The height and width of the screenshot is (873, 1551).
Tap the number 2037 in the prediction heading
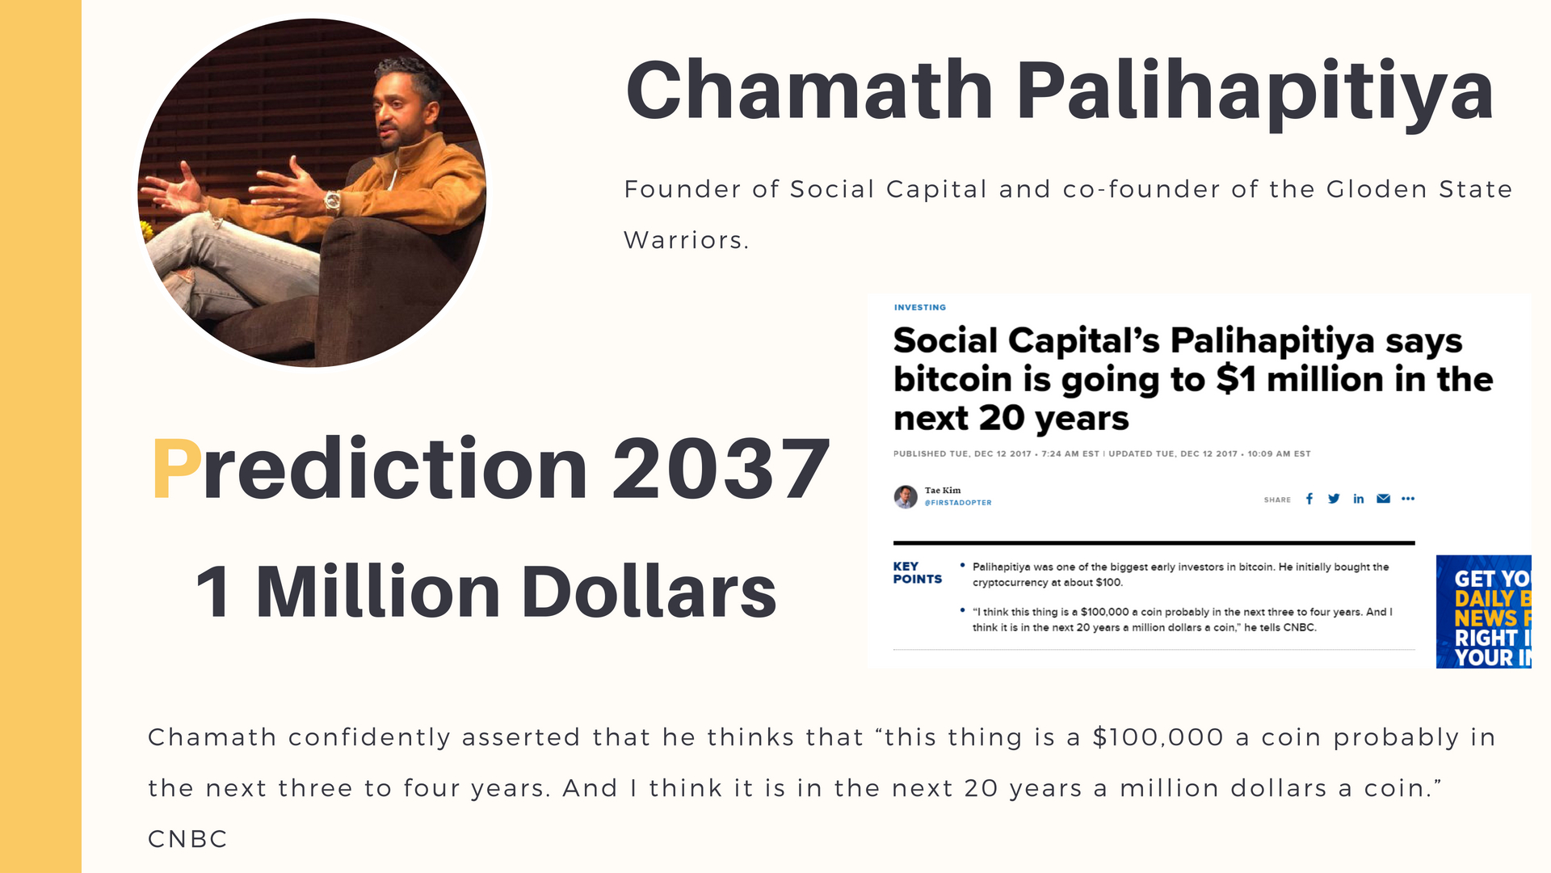coord(721,468)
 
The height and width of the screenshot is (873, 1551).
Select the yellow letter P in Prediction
coord(177,468)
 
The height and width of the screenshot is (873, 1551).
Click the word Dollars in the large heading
coord(649,592)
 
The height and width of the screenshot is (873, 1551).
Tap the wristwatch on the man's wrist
coord(332,200)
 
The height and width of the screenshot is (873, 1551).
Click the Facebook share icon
coord(1309,499)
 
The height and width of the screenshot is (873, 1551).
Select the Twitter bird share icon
coord(1334,499)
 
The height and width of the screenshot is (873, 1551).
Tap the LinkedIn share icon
coord(1359,499)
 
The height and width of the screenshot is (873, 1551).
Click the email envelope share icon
coord(1384,499)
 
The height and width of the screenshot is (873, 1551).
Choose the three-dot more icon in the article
coord(1408,499)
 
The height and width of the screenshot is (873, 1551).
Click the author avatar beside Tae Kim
coord(906,496)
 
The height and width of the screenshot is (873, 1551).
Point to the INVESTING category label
coord(920,307)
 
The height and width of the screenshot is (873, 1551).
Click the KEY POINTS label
coord(917,572)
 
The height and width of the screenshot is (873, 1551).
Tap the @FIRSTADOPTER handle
coord(958,503)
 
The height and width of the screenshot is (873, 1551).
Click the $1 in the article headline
coord(1236,380)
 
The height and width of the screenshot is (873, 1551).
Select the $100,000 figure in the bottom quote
coord(1158,737)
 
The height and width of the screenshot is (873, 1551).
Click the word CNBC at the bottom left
coord(187,839)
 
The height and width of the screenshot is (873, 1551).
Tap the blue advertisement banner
coord(1483,612)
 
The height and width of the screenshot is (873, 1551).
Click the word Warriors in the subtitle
coord(687,240)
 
